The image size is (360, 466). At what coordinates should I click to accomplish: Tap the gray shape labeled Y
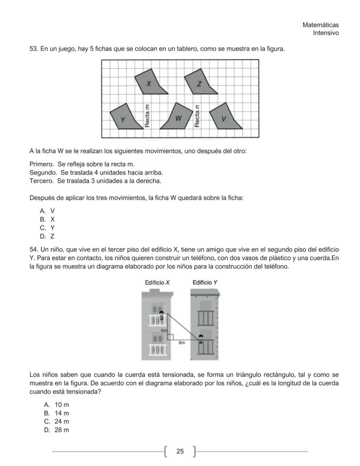pos(123,117)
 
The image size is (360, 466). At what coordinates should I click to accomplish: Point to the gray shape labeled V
pos(225,117)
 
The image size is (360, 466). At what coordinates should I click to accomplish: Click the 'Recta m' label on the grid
pos(147,116)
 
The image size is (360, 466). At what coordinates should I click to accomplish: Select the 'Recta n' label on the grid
pos(197,117)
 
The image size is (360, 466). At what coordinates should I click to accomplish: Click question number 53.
pos(34,49)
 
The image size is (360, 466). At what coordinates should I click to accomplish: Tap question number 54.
pos(34,249)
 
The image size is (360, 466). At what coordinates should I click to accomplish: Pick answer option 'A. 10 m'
pos(56,405)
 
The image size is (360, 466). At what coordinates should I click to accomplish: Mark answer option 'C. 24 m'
pos(56,422)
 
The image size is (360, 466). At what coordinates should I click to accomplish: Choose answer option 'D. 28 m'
pos(56,430)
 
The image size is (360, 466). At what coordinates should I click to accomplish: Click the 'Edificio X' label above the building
pos(157,283)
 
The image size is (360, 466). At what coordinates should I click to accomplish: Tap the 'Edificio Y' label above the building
pos(205,283)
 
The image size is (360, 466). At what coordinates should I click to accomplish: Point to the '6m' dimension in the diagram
pos(164,331)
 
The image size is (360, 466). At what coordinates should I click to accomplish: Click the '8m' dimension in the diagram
pos(182,343)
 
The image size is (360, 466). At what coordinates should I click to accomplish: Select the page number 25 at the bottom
pos(180,452)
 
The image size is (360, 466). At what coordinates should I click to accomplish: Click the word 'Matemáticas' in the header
pos(320,25)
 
